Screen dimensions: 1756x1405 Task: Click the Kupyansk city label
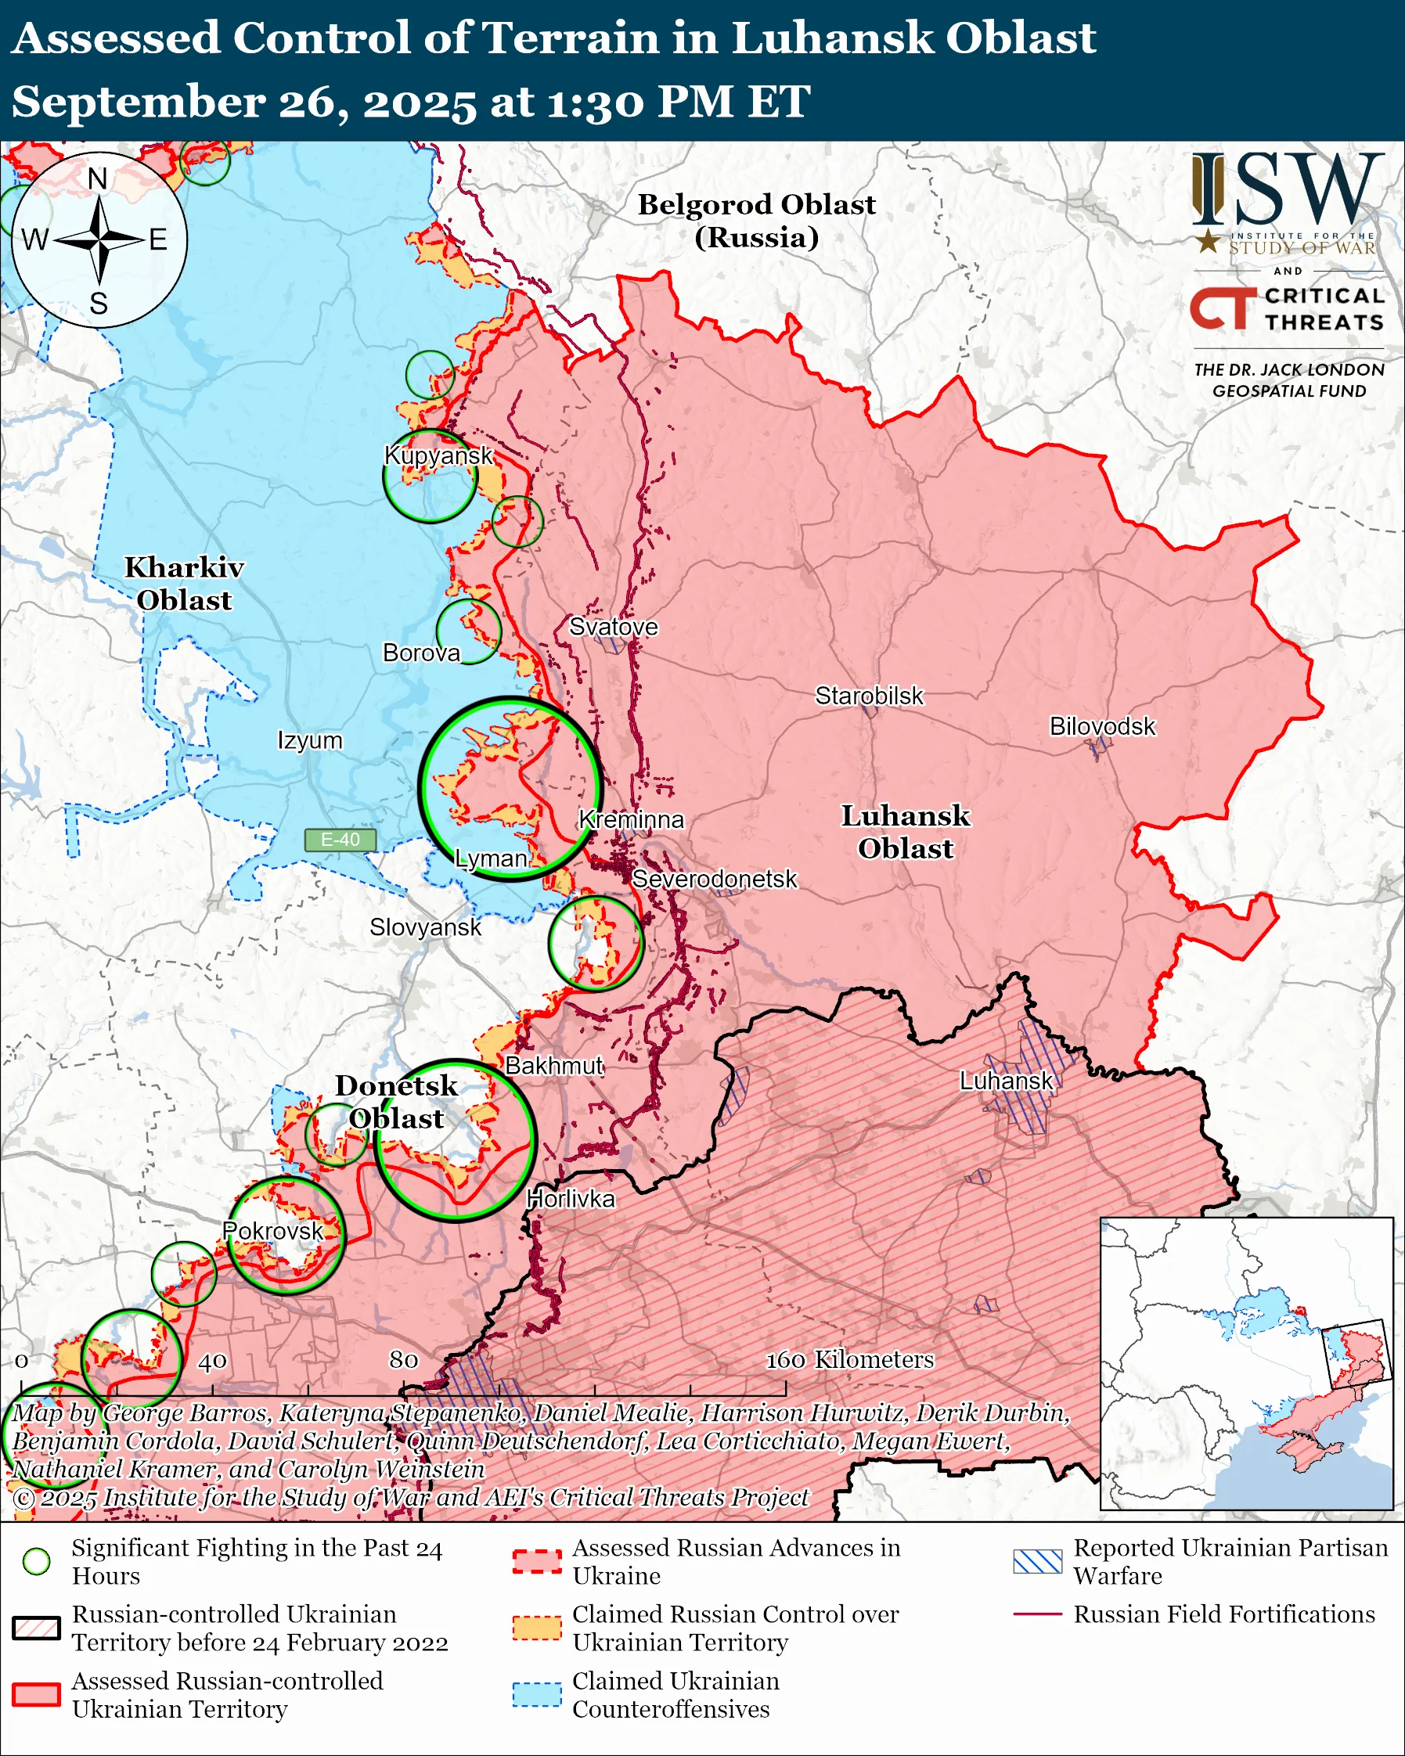pyautogui.click(x=438, y=455)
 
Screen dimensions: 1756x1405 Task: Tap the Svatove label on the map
pyautogui.click(x=613, y=626)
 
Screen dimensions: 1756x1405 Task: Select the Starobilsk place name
pyautogui.click(x=869, y=696)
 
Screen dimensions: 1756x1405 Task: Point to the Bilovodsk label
pyautogui.click(x=1101, y=725)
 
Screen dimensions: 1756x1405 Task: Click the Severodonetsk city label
pyautogui.click(x=715, y=879)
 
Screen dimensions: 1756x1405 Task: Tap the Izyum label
pyautogui.click(x=309, y=740)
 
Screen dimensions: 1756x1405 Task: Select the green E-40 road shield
pyautogui.click(x=340, y=840)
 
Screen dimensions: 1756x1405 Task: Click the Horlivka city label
pyautogui.click(x=570, y=1198)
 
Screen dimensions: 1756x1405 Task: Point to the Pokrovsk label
pyautogui.click(x=273, y=1231)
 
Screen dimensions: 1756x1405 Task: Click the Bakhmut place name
pyautogui.click(x=554, y=1065)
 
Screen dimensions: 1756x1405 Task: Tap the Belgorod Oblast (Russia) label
pyautogui.click(x=756, y=221)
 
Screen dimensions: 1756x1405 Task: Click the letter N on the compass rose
pyautogui.click(x=98, y=178)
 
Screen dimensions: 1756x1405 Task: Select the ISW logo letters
pyautogui.click(x=1287, y=190)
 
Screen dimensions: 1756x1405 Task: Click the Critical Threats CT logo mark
pyautogui.click(x=1222, y=308)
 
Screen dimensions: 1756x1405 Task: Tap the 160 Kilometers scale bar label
pyautogui.click(x=849, y=1359)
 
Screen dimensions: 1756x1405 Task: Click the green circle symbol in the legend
pyautogui.click(x=36, y=1561)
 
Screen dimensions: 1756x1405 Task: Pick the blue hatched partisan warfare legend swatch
pyautogui.click(x=1037, y=1561)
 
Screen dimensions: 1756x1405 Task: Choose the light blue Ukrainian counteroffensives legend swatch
pyautogui.click(x=537, y=1695)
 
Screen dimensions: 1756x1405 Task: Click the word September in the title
pyautogui.click(x=139, y=103)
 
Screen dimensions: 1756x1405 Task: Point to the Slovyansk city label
pyautogui.click(x=425, y=927)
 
